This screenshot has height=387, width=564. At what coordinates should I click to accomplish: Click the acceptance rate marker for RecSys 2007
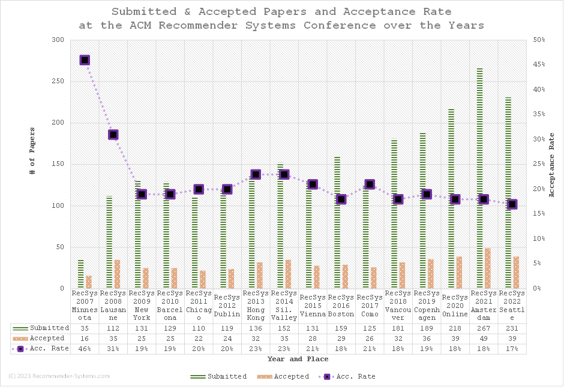coord(85,60)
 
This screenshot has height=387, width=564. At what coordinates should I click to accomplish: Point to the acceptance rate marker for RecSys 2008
coord(113,135)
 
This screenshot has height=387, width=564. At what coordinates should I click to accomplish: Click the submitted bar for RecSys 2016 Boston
coord(337,222)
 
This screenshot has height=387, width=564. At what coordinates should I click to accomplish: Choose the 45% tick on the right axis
coord(539,65)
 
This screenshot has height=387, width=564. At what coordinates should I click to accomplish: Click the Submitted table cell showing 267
coord(484,328)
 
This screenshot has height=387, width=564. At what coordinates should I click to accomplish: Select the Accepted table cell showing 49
coord(484,338)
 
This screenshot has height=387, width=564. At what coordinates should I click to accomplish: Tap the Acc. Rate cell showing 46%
coord(85,349)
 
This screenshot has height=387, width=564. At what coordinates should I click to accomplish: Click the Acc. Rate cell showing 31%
coord(113,349)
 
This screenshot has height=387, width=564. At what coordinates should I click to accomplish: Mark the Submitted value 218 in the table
coord(455,328)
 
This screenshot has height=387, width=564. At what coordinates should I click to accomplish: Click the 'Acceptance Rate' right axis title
coord(552,165)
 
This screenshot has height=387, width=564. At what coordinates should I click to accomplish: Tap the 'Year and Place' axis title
coord(298,359)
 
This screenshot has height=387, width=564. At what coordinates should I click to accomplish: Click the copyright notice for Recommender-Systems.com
coord(59,376)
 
